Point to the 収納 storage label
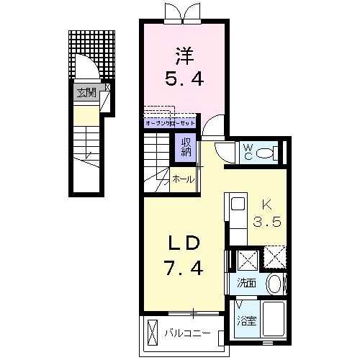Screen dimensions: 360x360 tap(186, 146)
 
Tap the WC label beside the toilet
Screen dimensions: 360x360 tap(247, 151)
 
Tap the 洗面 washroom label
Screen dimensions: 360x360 tap(246, 283)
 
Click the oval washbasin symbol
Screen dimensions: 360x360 tap(274, 284)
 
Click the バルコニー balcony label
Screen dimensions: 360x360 tap(186, 333)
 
